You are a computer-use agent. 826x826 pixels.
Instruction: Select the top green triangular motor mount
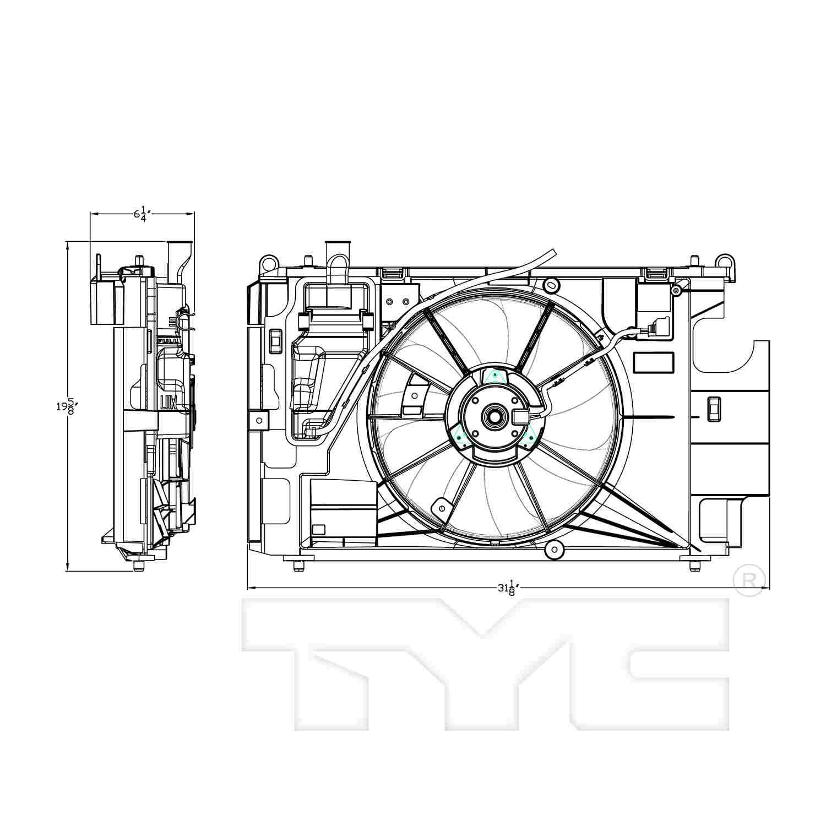[494, 377]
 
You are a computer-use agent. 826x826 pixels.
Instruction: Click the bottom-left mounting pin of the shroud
[298, 566]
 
